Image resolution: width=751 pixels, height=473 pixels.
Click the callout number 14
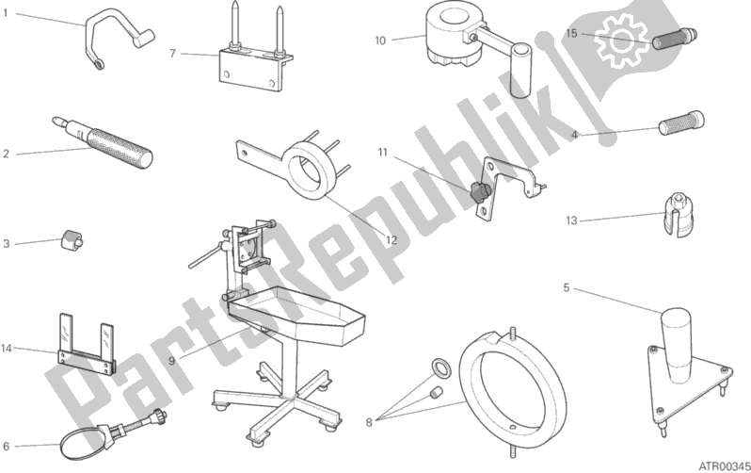click(7, 349)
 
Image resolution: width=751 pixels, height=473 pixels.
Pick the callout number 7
click(172, 53)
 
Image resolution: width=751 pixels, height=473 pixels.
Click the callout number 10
click(380, 40)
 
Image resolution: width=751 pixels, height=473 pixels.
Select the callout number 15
click(571, 33)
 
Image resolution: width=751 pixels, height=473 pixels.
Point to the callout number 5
click(566, 287)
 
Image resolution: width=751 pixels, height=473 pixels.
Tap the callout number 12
click(391, 240)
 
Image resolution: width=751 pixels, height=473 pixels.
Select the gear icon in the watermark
click(621, 38)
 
